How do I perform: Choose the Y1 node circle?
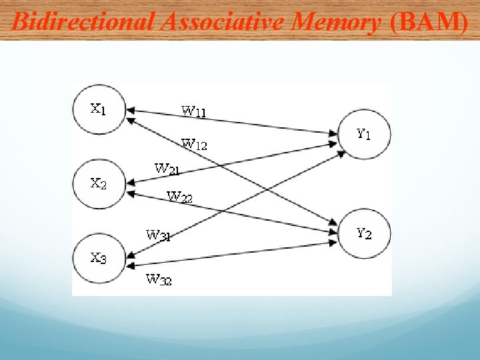tap(364, 134)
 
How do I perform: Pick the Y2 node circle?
tap(364, 233)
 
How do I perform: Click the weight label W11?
tap(193, 111)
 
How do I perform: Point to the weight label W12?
tap(195, 143)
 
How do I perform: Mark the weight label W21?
tap(167, 169)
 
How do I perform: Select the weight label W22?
tap(179, 197)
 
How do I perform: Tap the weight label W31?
tap(158, 235)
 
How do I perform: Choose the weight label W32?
tap(159, 279)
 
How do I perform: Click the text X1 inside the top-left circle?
tap(98, 108)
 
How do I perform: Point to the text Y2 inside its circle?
tap(363, 233)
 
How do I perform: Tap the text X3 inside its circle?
tap(98, 257)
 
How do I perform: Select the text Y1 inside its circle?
tap(363, 134)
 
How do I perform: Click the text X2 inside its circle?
tap(98, 183)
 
